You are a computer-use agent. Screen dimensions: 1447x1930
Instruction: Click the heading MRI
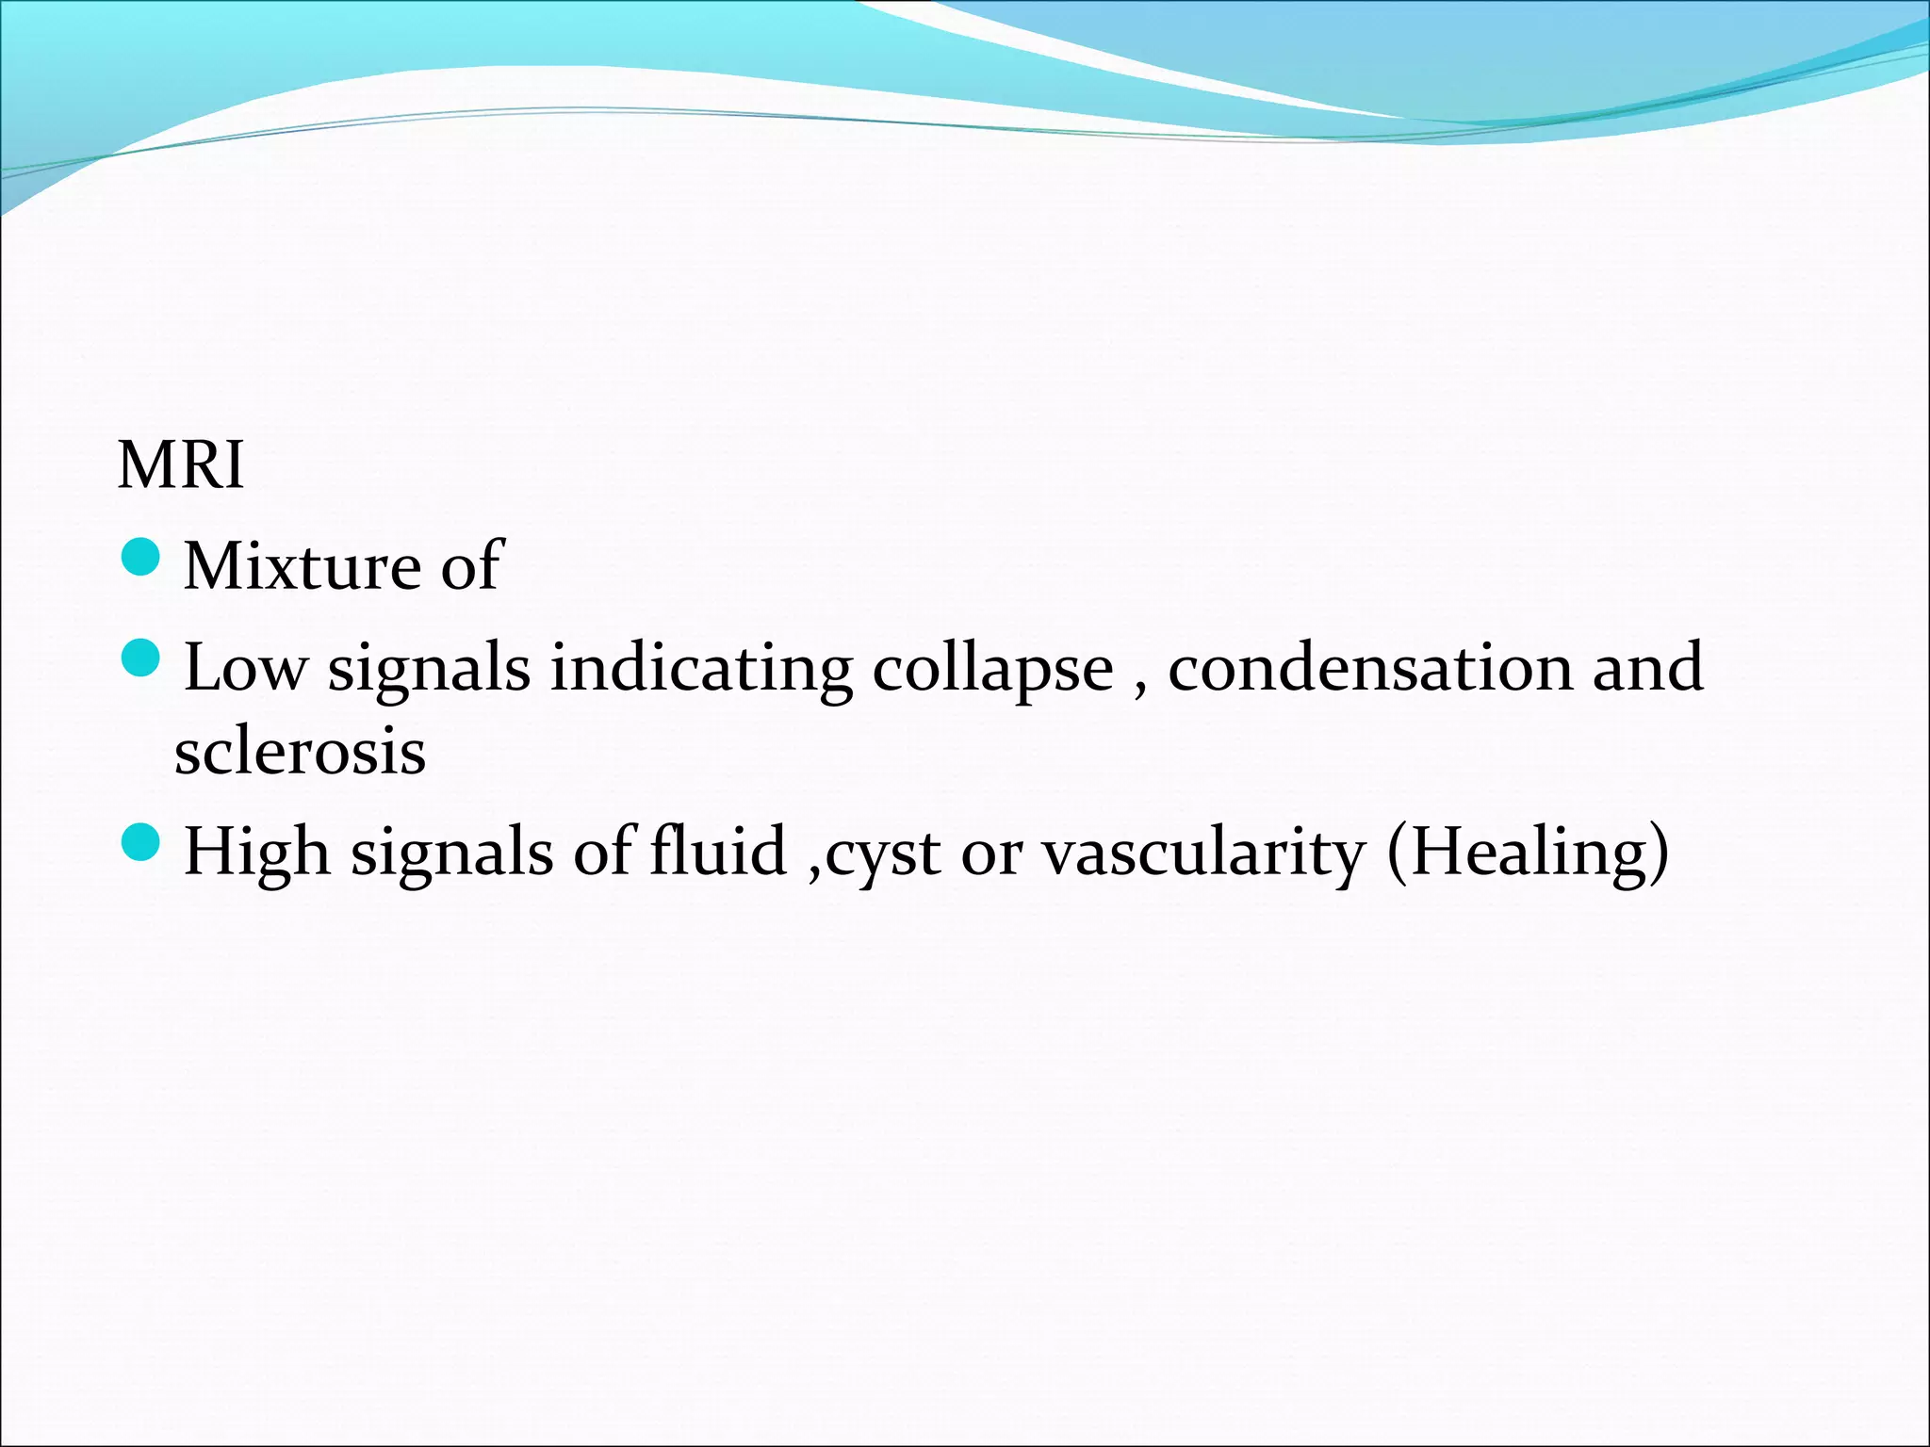tap(180, 465)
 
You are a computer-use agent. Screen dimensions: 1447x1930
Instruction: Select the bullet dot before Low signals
tap(142, 658)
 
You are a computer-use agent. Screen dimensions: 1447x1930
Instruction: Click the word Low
tap(245, 668)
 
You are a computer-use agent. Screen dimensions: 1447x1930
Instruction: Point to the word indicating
tap(701, 668)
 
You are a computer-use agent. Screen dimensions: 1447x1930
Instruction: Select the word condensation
tap(1370, 668)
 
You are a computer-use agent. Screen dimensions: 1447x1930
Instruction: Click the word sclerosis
tap(300, 753)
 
